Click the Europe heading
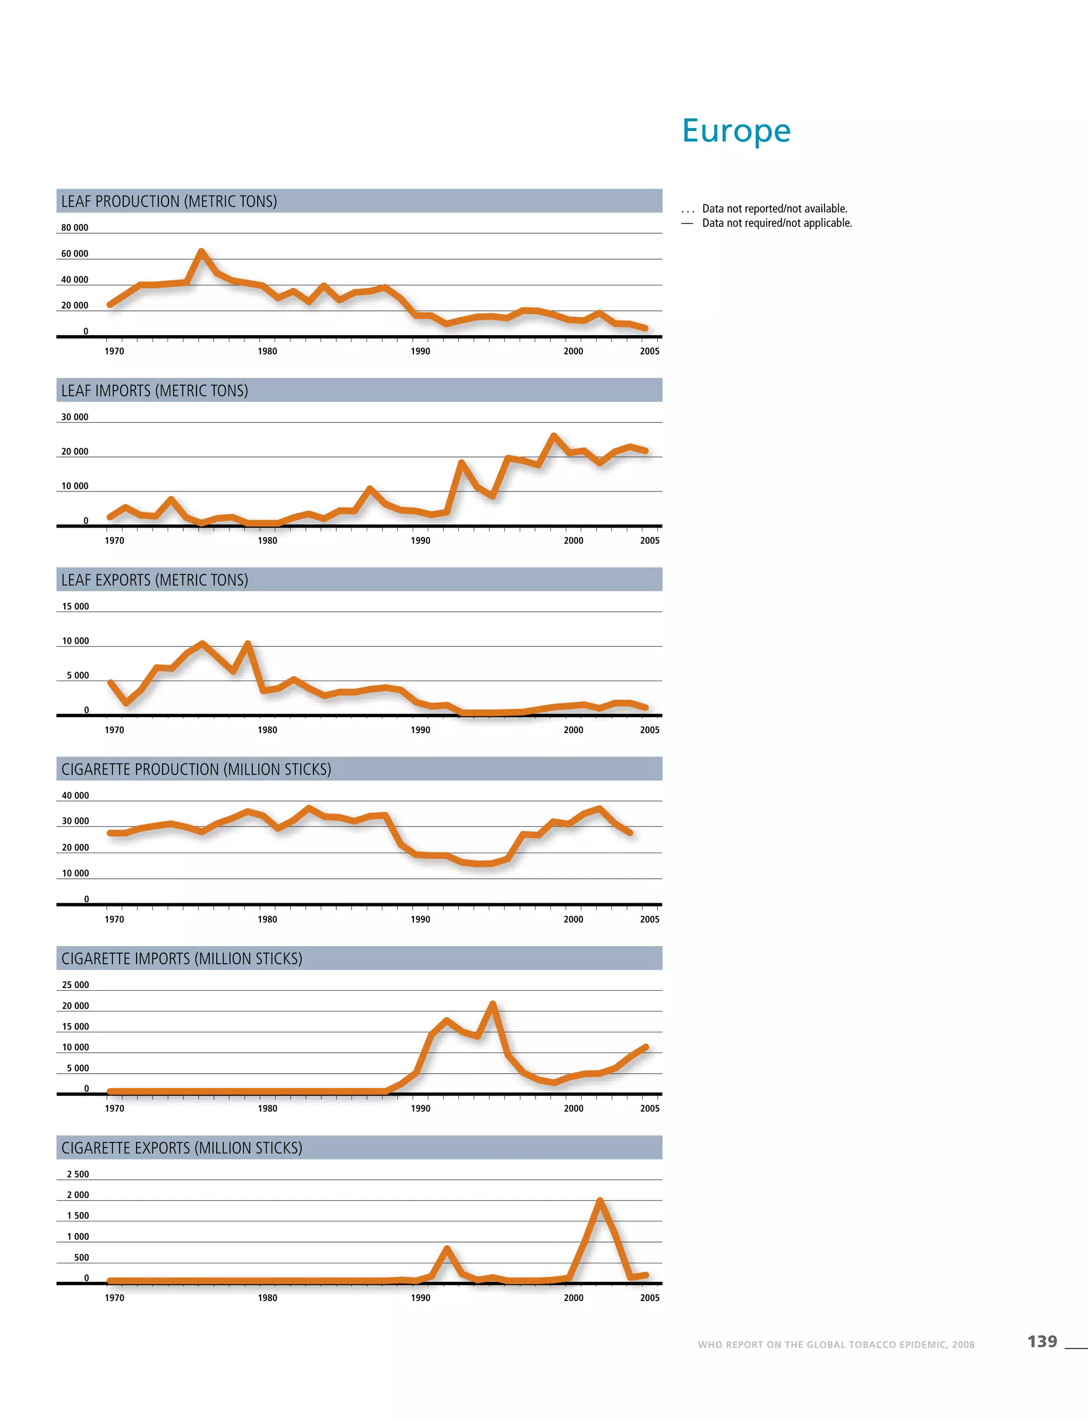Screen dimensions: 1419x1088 [736, 131]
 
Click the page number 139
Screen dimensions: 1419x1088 [1042, 1341]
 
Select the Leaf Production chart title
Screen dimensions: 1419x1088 [169, 201]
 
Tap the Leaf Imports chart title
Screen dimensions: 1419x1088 [155, 390]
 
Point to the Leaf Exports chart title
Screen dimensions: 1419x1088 [155, 580]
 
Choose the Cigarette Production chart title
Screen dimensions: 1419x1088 [196, 769]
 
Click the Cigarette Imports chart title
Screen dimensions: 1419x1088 [182, 958]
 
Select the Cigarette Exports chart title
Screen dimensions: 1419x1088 [182, 1148]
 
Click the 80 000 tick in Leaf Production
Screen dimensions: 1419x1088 [75, 228]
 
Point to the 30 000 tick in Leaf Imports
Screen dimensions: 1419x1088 [75, 417]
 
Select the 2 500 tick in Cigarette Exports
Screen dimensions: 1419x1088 [78, 1174]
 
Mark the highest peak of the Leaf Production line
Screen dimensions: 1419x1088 [202, 251]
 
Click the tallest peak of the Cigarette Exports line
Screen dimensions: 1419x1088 [600, 1201]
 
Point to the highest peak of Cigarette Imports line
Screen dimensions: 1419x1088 [493, 1004]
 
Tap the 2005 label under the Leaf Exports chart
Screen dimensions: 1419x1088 [650, 730]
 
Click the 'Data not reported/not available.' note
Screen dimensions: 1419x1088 [775, 209]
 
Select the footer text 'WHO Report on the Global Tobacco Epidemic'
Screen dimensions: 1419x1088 [836, 1345]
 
